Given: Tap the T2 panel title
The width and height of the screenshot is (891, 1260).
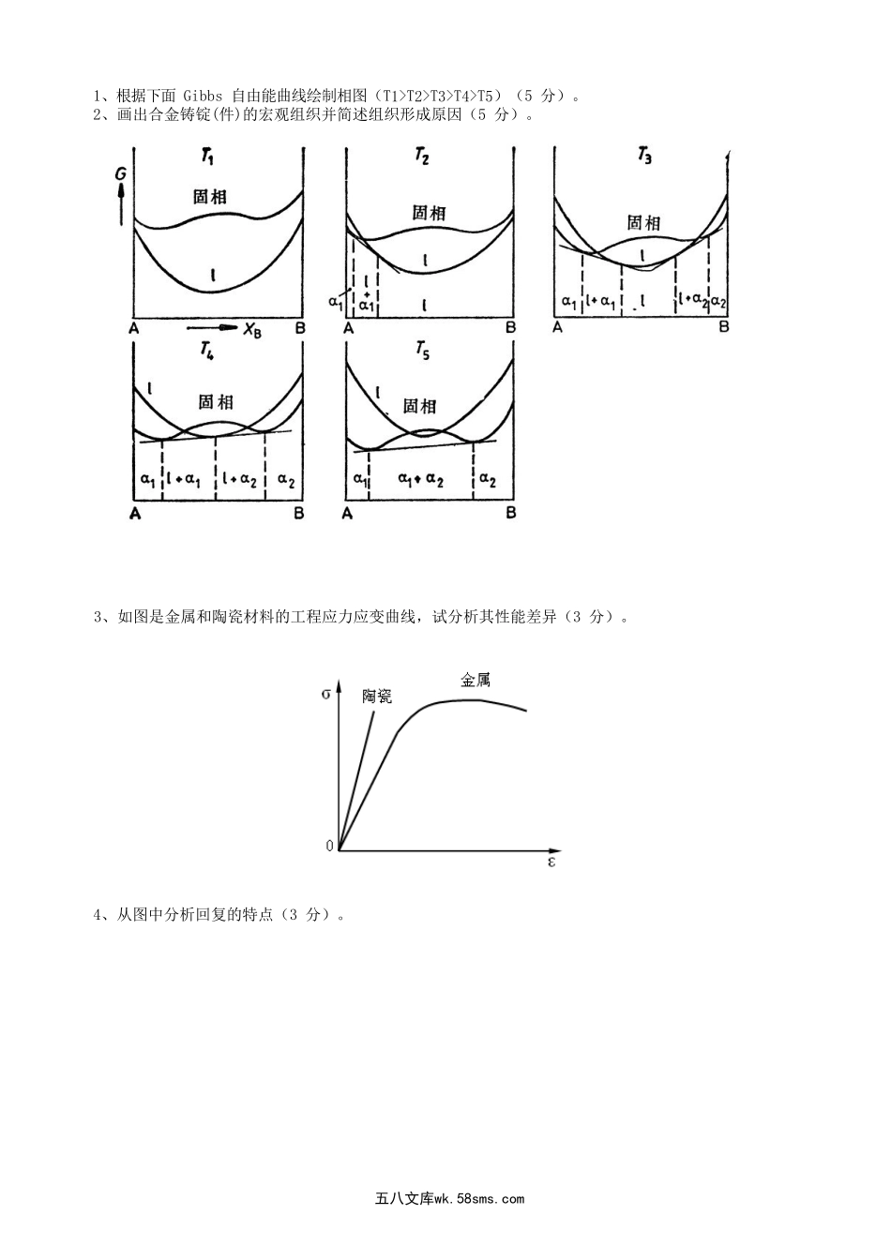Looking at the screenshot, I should pyautogui.click(x=422, y=157).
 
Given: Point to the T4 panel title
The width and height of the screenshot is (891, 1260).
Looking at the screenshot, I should pyautogui.click(x=207, y=351).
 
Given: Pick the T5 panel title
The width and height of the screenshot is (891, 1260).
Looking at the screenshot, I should pyautogui.click(x=422, y=350).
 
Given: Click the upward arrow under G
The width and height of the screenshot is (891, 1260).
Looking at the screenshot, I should pyautogui.click(x=120, y=204).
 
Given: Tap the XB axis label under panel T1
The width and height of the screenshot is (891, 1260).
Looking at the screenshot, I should pyautogui.click(x=251, y=328).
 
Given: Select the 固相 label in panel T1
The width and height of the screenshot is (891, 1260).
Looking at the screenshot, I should pyautogui.click(x=209, y=197).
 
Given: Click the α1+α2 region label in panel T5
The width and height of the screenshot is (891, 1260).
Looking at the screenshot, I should pyautogui.click(x=420, y=480).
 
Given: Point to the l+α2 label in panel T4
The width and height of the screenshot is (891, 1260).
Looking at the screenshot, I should pyautogui.click(x=239, y=480).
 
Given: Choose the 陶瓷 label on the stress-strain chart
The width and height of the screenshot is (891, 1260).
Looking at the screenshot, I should pyautogui.click(x=377, y=697).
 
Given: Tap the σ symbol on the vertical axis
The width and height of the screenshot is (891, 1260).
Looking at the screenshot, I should pyautogui.click(x=325, y=694).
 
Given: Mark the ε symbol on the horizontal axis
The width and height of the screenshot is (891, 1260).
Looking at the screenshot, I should pyautogui.click(x=551, y=862).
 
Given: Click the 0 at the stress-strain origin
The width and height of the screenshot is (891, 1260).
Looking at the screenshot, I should pyautogui.click(x=329, y=846).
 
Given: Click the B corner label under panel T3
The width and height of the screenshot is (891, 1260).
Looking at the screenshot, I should pyautogui.click(x=724, y=326).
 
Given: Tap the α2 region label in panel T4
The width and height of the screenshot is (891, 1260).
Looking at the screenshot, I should pyautogui.click(x=286, y=481).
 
